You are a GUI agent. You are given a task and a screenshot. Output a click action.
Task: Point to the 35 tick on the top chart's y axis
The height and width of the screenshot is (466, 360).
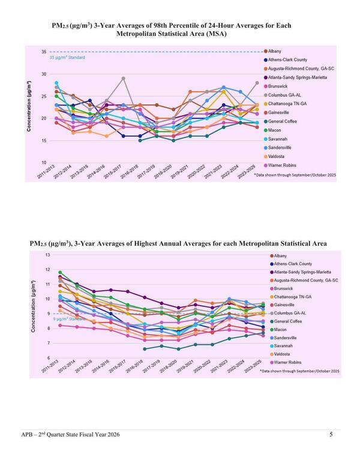44,52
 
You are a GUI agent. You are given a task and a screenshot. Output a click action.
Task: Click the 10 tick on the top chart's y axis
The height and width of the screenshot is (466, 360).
44,163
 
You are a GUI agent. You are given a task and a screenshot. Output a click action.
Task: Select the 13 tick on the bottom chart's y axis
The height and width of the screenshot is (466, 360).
47,255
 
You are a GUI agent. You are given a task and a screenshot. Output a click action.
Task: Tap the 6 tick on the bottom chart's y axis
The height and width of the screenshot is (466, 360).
47,358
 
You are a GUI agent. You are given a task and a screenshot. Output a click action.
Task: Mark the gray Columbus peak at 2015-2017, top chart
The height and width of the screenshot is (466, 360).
124,78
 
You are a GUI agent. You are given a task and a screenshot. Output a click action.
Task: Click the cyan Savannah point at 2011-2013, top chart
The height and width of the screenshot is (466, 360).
56,83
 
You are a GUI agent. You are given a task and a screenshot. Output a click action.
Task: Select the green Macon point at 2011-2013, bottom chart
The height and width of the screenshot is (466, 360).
60,273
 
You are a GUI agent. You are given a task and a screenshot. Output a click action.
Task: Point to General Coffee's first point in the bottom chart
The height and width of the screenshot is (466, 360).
144,348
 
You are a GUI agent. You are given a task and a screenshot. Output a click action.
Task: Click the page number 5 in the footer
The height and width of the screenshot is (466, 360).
331,434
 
